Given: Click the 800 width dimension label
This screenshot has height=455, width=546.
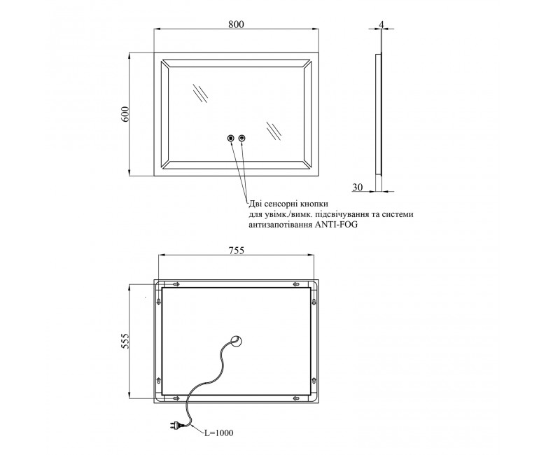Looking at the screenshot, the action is point(236,24).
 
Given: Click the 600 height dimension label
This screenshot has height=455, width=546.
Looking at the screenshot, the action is point(125,113).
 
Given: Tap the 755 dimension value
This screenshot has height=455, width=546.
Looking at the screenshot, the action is point(236,250).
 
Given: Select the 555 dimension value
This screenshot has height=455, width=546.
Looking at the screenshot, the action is point(125,341).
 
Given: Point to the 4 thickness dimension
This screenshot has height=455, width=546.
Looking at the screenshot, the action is point(381,24).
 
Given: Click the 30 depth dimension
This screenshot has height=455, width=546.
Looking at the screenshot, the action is point(357,187).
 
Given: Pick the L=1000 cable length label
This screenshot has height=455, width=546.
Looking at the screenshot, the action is point(218,433).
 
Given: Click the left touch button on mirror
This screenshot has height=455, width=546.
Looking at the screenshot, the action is point(230,138).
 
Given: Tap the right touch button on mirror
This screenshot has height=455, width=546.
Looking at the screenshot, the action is point(242,138).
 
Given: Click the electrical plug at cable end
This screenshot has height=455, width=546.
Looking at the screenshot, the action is point(176,425).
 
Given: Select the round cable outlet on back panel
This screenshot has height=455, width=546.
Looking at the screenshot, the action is point(237,341).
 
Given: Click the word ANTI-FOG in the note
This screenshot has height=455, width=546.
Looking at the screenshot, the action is point(336,225).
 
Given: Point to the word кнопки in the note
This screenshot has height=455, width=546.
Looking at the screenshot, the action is point(314,203).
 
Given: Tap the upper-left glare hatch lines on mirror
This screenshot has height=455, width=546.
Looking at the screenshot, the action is point(200,93).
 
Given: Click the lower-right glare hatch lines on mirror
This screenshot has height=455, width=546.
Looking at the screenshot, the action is point(273,131).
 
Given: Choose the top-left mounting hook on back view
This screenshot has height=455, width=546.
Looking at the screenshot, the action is point(176,284).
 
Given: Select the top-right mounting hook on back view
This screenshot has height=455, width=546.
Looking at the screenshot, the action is point(296,284).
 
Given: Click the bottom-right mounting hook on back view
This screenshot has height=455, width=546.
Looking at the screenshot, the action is point(296,398).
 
